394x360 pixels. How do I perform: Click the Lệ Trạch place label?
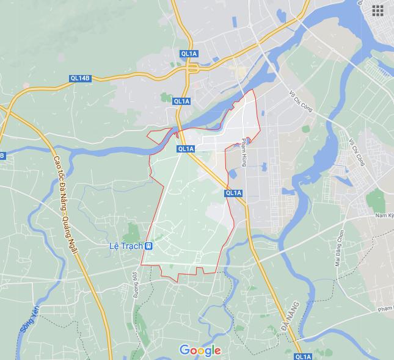tap(125, 246)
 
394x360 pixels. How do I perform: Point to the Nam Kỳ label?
tap(384, 215)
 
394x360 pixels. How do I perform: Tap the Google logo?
tap(200, 350)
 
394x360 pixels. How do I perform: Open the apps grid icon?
tap(377, 10)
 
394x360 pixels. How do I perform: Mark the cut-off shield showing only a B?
tap(2, 156)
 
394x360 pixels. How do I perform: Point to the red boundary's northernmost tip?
tap(253, 90)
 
